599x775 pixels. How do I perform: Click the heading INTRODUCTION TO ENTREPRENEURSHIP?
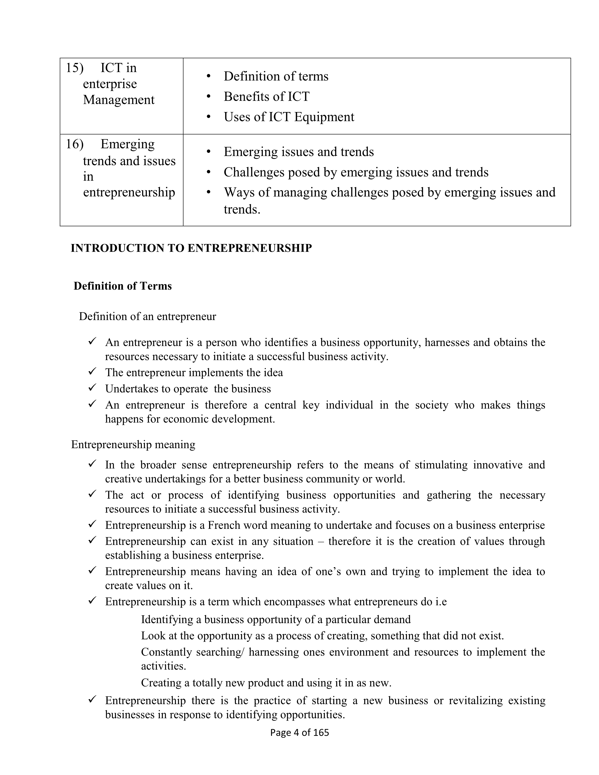[x=191, y=248]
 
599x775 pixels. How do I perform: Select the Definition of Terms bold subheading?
[x=122, y=286]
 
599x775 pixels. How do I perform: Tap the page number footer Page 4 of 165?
[x=299, y=732]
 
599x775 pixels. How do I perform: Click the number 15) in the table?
[x=74, y=68]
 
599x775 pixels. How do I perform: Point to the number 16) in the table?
[x=74, y=144]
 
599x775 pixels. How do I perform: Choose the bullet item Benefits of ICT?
[x=267, y=97]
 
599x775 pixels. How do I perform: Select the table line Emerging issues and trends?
[x=298, y=152]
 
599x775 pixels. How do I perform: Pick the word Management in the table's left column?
[x=119, y=100]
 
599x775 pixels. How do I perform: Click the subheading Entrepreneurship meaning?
[x=133, y=445]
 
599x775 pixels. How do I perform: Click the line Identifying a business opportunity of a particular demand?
[x=276, y=620]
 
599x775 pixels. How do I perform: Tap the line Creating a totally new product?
[x=266, y=683]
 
